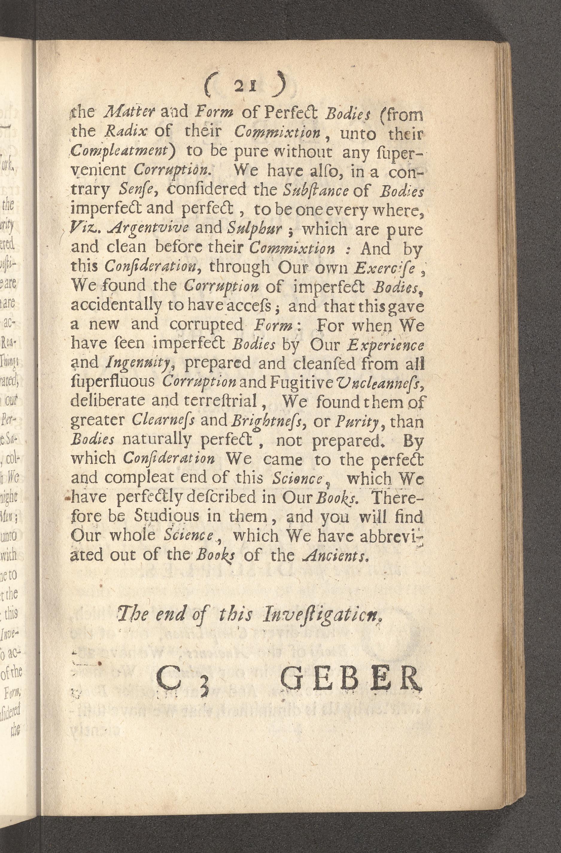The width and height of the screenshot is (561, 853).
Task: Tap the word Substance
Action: pos(315,190)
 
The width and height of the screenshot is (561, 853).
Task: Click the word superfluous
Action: pos(113,382)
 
